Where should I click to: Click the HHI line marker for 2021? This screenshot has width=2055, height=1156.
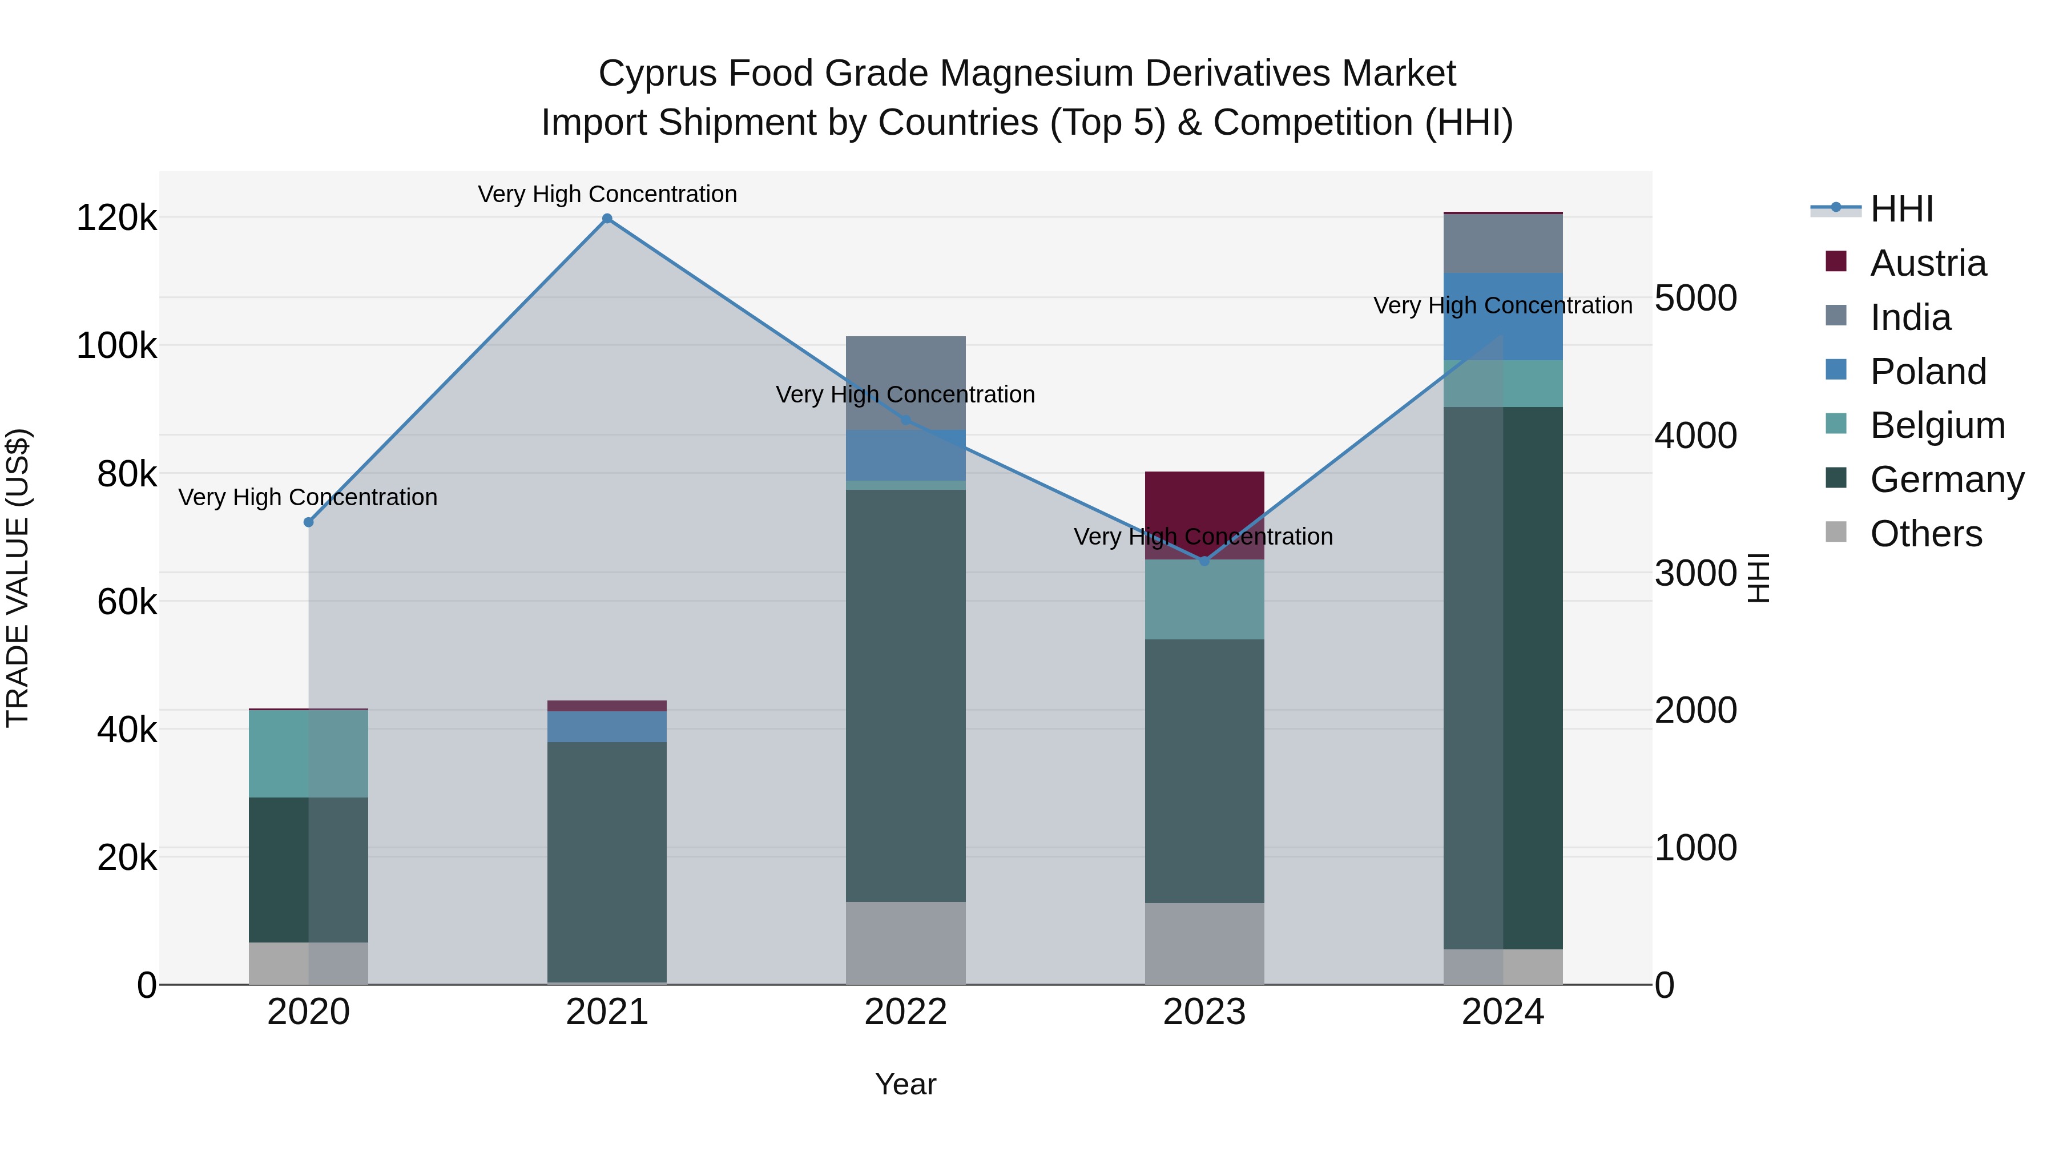click(x=607, y=219)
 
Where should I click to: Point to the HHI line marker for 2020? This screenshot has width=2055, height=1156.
click(x=309, y=522)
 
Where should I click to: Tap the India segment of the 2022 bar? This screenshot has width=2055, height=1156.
click(x=905, y=383)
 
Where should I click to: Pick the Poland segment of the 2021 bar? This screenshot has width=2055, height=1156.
click(x=607, y=727)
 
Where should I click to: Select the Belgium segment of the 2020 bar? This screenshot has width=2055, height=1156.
click(x=309, y=754)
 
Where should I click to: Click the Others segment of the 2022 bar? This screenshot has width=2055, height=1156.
click(x=905, y=943)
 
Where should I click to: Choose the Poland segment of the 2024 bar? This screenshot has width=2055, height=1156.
click(x=1503, y=317)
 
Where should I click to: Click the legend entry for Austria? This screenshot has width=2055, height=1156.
click(x=1927, y=263)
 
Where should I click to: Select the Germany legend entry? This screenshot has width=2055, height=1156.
click(x=1947, y=480)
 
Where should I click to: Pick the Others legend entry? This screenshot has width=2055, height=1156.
click(x=1926, y=534)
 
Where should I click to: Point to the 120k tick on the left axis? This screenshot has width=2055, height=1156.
click(x=116, y=218)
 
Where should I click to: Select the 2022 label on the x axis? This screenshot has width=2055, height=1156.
click(x=905, y=1012)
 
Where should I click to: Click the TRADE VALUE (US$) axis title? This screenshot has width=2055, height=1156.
click(x=18, y=578)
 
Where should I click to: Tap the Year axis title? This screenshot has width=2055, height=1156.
click(x=905, y=1084)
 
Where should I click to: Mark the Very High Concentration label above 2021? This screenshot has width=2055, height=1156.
click(x=607, y=194)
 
